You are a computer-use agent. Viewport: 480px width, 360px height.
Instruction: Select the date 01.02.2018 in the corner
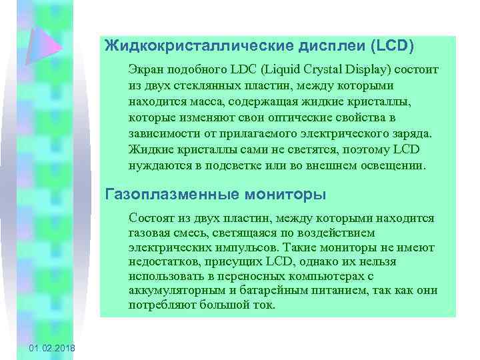[x=53, y=349]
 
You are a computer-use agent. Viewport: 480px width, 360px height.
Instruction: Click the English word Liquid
[x=288, y=70]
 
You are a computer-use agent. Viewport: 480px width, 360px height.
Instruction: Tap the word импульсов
[x=221, y=248]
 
